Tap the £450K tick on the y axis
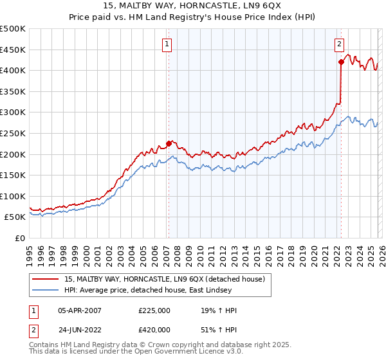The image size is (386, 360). [13, 50]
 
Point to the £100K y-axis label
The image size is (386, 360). [13, 196]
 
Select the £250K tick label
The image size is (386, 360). [13, 133]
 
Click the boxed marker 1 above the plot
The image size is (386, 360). [167, 44]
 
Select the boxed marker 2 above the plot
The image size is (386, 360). [338, 44]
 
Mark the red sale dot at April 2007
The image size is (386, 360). [169, 143]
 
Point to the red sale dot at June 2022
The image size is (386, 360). [341, 62]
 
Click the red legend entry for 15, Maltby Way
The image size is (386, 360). [167, 280]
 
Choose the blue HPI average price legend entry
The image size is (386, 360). [167, 291]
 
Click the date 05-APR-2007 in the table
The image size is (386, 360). [80, 310]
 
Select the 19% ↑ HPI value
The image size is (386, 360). [219, 310]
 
